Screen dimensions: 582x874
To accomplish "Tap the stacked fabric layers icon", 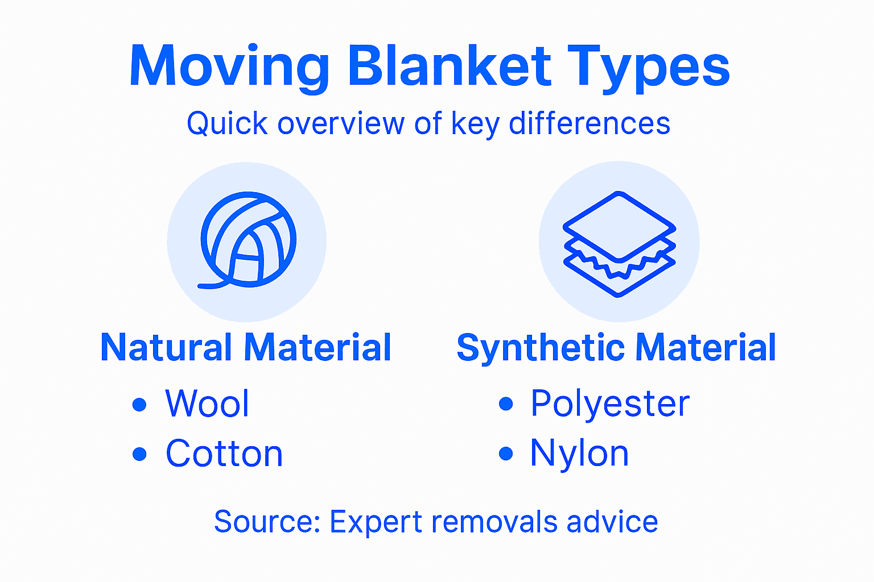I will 619,243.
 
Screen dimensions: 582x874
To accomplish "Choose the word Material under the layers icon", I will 706,347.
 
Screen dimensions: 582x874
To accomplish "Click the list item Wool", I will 207,404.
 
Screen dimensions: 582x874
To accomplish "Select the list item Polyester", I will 610,404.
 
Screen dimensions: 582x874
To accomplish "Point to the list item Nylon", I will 579,454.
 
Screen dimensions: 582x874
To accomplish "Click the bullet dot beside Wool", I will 139,405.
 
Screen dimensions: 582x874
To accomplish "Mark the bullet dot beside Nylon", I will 506,454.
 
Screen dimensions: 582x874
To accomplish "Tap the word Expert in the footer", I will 376,522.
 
